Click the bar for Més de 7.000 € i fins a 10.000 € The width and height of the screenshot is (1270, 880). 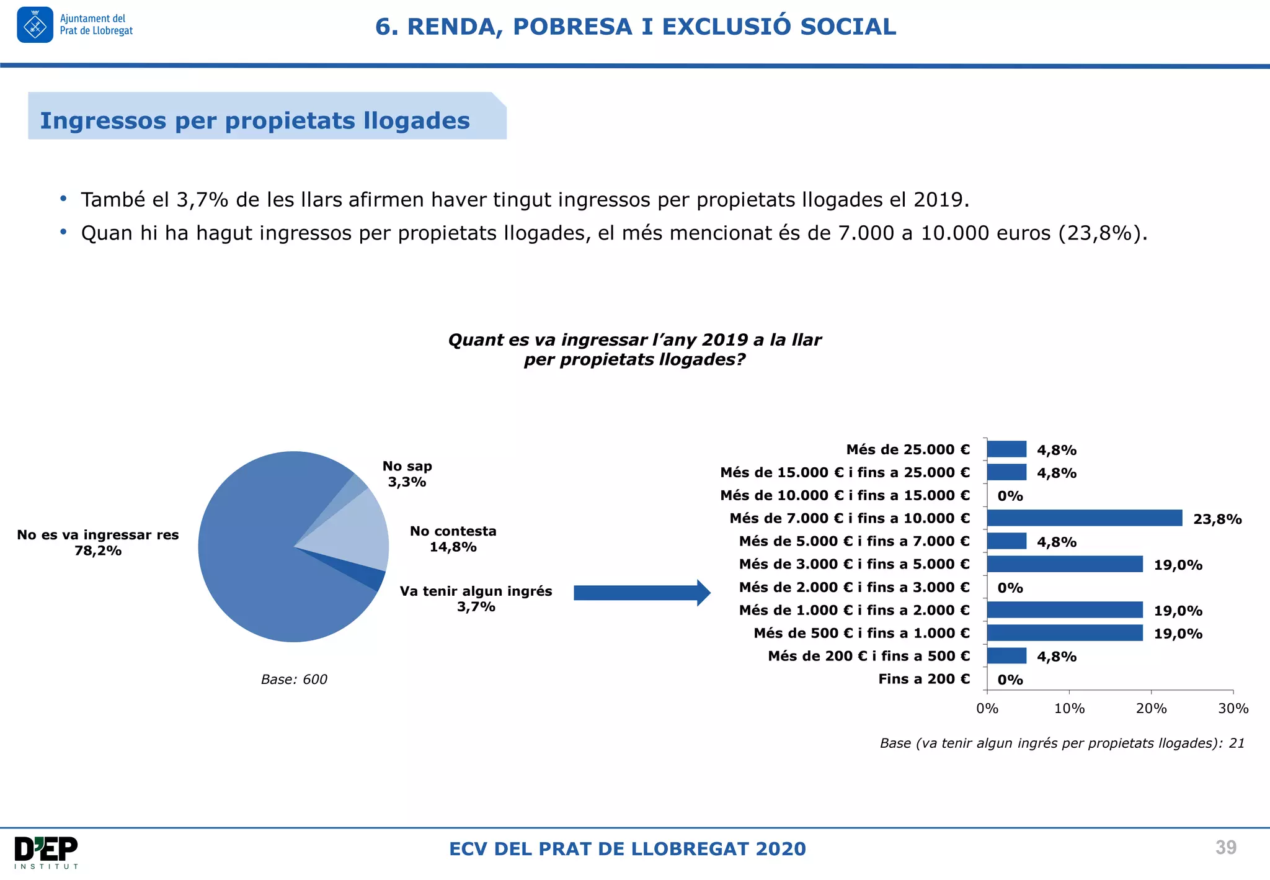1084,518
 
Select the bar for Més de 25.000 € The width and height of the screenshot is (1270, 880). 1006,449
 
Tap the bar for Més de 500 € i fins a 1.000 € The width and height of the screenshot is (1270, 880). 1064,632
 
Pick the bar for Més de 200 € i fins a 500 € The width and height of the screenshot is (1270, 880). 1006,655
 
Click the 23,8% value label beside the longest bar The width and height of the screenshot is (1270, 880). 1217,519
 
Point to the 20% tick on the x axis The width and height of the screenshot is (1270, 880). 1151,708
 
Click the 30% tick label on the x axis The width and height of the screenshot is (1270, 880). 1233,708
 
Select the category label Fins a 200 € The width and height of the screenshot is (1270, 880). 923,678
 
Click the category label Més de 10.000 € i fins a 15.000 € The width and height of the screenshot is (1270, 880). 845,495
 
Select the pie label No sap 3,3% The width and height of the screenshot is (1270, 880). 407,474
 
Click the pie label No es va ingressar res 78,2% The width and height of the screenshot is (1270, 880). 98,542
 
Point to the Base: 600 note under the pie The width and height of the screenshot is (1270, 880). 294,679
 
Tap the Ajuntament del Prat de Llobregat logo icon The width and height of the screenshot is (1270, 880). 35,25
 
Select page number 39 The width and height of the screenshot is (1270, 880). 1225,847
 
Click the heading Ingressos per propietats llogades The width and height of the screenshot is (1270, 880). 255,120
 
